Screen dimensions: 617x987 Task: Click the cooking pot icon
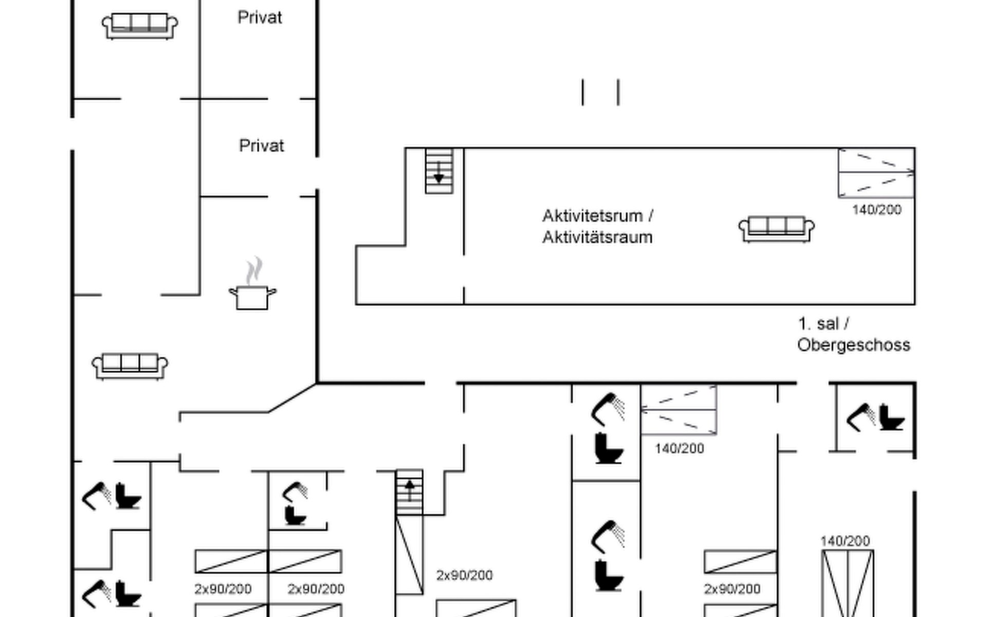tap(252, 298)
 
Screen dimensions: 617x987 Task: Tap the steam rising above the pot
tap(254, 270)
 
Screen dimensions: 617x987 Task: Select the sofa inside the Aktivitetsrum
tap(776, 228)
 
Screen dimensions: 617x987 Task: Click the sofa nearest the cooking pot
tap(130, 366)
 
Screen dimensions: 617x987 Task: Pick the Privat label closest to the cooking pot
tap(261, 146)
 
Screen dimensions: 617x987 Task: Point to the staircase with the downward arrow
tap(439, 171)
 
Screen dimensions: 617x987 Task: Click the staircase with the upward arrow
tap(409, 492)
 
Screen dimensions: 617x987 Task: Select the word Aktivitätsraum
tap(597, 238)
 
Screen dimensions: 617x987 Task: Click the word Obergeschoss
tap(853, 345)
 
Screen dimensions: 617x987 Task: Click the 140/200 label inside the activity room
tap(876, 210)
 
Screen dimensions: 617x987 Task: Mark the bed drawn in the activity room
tap(876, 173)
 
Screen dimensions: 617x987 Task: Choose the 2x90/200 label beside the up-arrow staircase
tap(464, 575)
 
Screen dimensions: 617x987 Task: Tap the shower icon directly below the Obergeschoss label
tap(861, 416)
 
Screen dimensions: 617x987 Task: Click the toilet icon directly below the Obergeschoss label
tap(891, 418)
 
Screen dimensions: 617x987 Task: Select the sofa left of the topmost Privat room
tap(140, 26)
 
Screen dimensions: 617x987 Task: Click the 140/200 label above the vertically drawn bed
tap(845, 541)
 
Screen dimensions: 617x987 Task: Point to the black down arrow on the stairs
tap(438, 178)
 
